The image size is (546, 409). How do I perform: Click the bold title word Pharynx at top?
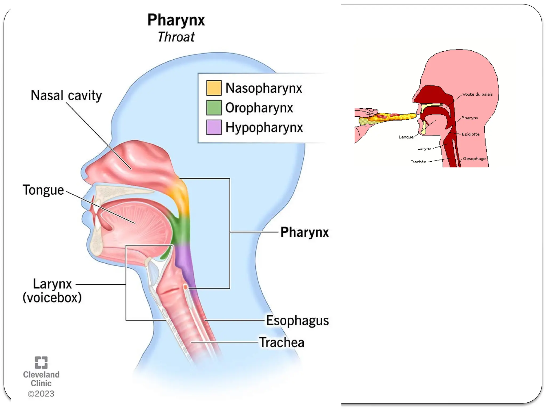[176, 20]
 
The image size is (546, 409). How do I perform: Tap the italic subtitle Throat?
[176, 37]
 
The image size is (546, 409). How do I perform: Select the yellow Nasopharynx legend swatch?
[214, 88]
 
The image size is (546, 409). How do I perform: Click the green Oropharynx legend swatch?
[214, 108]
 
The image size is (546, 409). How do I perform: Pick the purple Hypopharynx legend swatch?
[214, 127]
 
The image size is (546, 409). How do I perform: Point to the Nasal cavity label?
[66, 95]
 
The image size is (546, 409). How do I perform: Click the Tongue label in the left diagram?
[43, 190]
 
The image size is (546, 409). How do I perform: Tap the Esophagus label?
[297, 320]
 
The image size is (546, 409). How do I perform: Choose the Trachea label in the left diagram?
[282, 342]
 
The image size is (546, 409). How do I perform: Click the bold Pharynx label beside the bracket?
[304, 232]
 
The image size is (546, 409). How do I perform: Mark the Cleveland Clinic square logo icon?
[41, 362]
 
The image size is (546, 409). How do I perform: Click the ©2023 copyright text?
[41, 394]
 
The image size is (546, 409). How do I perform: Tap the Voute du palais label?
[477, 94]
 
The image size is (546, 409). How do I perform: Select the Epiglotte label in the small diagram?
[471, 134]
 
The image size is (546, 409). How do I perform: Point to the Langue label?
[406, 137]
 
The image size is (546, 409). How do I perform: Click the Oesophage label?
[474, 159]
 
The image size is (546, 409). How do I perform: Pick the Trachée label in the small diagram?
[418, 162]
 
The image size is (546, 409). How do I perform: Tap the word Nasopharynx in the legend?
[264, 88]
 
